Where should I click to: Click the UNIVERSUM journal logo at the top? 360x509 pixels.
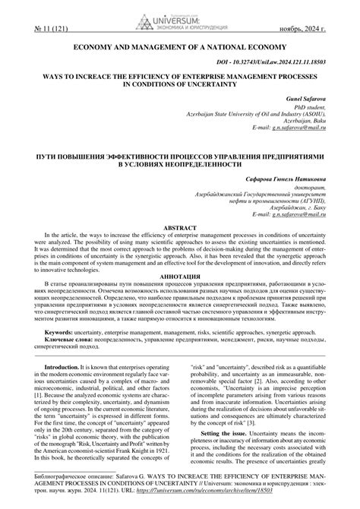tap(180, 14)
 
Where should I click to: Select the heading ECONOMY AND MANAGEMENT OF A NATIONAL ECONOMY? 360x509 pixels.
tap(179, 48)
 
